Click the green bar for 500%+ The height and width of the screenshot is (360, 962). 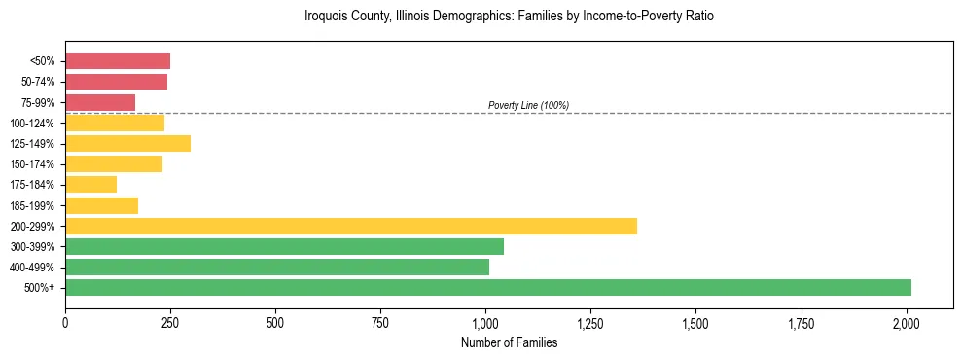(487, 287)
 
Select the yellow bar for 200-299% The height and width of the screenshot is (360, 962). (350, 226)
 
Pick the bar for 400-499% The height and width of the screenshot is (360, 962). (276, 267)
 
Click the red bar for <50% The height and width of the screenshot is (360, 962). (118, 61)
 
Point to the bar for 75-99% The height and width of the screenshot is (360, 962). (100, 102)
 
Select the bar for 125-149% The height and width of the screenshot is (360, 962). (127, 143)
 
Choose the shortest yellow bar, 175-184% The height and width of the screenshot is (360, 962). (90, 184)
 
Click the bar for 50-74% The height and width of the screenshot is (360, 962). (116, 82)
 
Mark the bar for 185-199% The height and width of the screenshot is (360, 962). (101, 205)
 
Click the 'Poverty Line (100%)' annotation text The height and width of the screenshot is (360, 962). (528, 105)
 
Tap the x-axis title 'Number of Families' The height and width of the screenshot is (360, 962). (509, 342)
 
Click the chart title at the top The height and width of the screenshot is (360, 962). (509, 17)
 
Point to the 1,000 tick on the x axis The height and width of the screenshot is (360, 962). (485, 322)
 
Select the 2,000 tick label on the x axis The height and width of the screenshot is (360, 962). (907, 322)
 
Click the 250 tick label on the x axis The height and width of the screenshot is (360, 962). (170, 322)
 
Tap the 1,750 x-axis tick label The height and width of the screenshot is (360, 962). (802, 322)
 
